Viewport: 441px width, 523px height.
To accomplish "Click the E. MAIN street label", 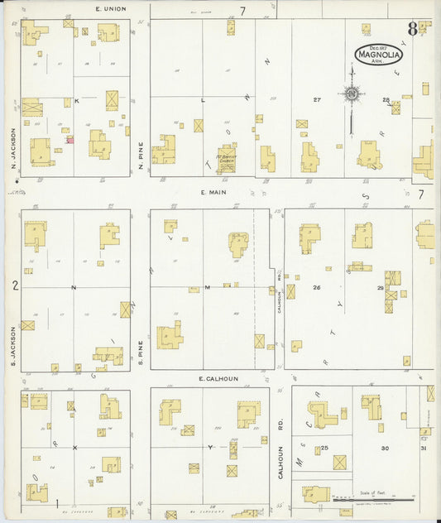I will click(213, 192).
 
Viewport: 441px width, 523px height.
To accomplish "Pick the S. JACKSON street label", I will click(14, 347).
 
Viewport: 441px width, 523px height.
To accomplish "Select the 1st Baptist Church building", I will click(226, 158).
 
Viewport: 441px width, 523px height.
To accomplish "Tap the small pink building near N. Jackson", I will click(70, 140).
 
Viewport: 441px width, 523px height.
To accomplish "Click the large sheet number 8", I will click(411, 30).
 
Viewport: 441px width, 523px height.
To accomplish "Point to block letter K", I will click(76, 100).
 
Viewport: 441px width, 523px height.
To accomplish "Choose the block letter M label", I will click(207, 287).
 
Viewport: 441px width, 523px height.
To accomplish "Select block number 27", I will click(317, 100).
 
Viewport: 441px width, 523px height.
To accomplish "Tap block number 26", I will click(316, 287).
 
